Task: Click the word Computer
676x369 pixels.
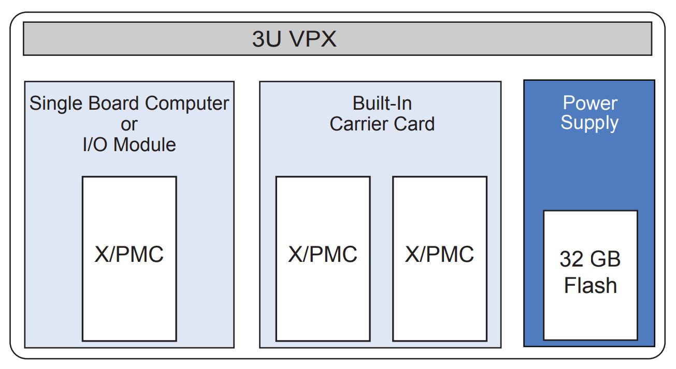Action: (187, 104)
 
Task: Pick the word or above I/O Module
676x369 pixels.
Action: (129, 124)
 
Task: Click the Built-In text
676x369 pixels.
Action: (382, 104)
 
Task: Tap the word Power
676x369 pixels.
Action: (589, 103)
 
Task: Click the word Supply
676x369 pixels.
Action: (589, 123)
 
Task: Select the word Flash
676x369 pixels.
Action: (590, 286)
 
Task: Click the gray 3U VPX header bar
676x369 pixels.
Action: (466, 39)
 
